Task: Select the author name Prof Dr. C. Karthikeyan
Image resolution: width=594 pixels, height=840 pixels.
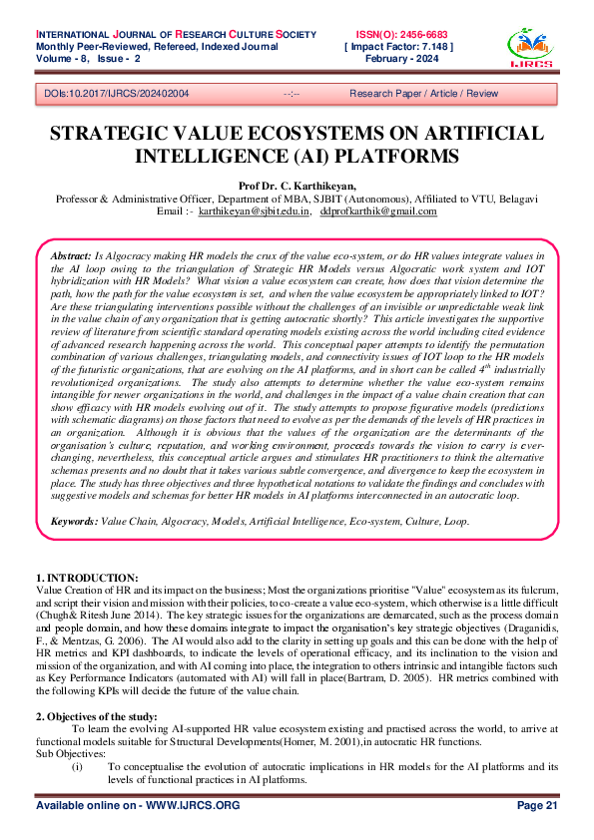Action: [x=297, y=186]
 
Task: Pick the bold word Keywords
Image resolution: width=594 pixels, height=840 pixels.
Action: [x=74, y=521]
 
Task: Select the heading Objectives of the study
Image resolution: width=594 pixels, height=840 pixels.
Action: [x=100, y=716]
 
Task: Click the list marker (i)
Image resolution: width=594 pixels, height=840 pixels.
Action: [x=77, y=766]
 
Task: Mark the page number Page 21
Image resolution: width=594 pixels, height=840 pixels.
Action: [x=537, y=804]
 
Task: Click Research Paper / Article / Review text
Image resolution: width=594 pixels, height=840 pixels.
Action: [x=422, y=93]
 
